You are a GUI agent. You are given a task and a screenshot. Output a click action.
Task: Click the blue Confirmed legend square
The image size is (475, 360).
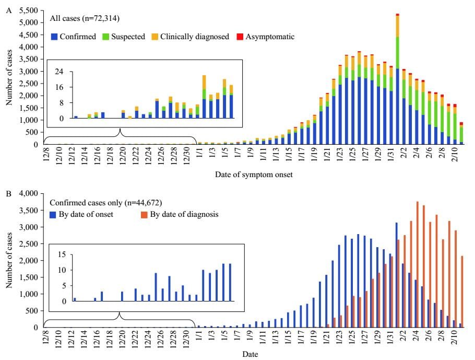pyautogui.click(x=54, y=37)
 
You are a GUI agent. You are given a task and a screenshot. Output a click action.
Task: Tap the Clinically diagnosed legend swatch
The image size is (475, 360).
pyautogui.click(x=155, y=37)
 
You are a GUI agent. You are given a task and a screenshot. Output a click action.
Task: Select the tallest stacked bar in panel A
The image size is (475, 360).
pyautogui.click(x=397, y=78)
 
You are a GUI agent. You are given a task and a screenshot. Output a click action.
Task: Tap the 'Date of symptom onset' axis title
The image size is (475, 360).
pyautogui.click(x=254, y=176)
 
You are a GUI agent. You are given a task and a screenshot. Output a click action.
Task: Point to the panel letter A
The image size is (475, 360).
pyautogui.click(x=7, y=10)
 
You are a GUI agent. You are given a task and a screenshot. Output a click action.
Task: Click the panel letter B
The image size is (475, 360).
pyautogui.click(x=7, y=193)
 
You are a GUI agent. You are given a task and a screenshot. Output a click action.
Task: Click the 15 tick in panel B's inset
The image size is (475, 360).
pyautogui.click(x=61, y=254)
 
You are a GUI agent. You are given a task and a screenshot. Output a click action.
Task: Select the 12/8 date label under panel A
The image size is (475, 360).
pyautogui.click(x=47, y=156)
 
